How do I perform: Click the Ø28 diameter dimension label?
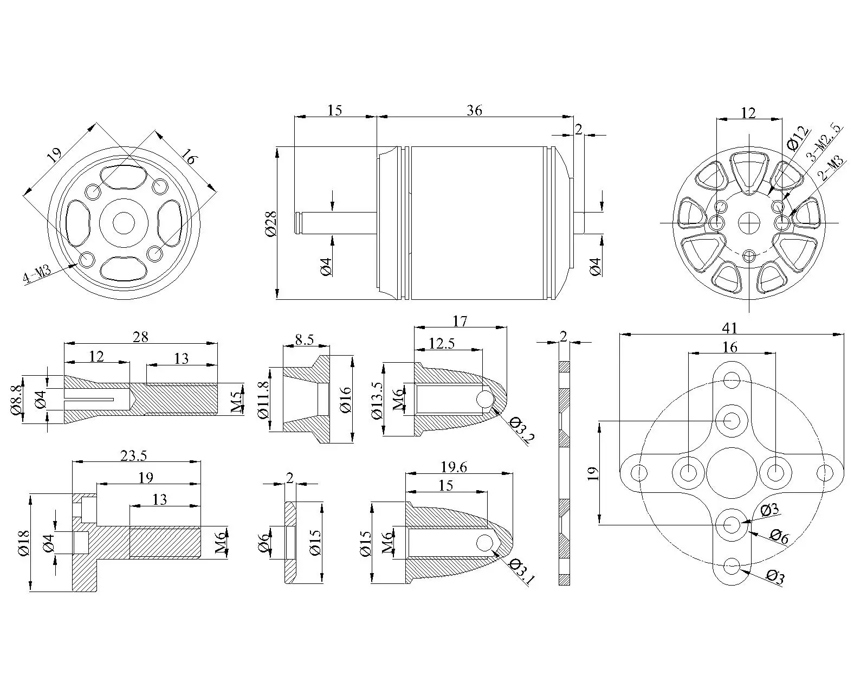tap(271, 223)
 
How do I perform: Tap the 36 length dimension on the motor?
tap(474, 110)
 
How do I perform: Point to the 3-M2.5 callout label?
tap(824, 143)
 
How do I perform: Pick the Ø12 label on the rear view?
tap(798, 138)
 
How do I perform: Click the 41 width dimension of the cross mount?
tap(730, 327)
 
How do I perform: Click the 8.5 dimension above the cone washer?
tap(304, 340)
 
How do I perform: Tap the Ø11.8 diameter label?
tap(264, 400)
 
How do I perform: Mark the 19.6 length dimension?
tap(454, 467)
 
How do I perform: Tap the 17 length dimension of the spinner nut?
tap(460, 321)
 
